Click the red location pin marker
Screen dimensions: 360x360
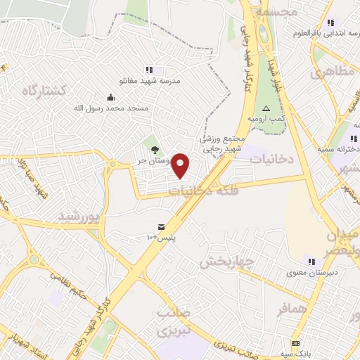point(181,165)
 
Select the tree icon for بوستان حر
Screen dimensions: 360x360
point(154,148)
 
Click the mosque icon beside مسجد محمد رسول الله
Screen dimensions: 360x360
point(110,98)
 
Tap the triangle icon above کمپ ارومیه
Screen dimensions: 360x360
point(266,108)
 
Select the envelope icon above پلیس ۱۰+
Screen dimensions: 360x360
point(162,226)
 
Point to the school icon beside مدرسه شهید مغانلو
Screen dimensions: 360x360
point(148,70)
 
